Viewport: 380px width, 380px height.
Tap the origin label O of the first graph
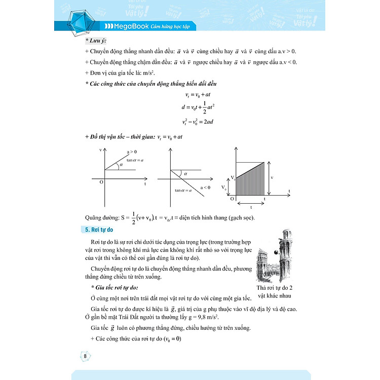tap(101, 182)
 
